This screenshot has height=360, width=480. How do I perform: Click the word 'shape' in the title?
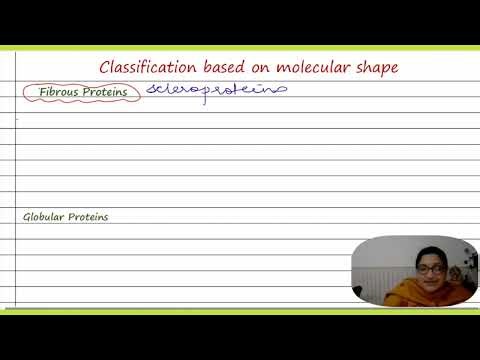pyautogui.click(x=371, y=68)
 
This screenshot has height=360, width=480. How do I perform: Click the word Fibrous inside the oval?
pyautogui.click(x=56, y=92)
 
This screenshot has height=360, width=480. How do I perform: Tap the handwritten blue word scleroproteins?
pyautogui.click(x=216, y=90)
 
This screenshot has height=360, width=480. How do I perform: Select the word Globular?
pyautogui.click(x=45, y=217)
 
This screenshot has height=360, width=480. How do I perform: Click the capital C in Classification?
pyautogui.click(x=105, y=67)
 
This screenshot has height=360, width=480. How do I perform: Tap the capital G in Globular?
pyautogui.click(x=27, y=217)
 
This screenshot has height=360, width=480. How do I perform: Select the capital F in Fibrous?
pyautogui.click(x=42, y=92)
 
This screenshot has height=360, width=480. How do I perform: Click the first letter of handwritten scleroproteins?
pyautogui.click(x=152, y=90)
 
